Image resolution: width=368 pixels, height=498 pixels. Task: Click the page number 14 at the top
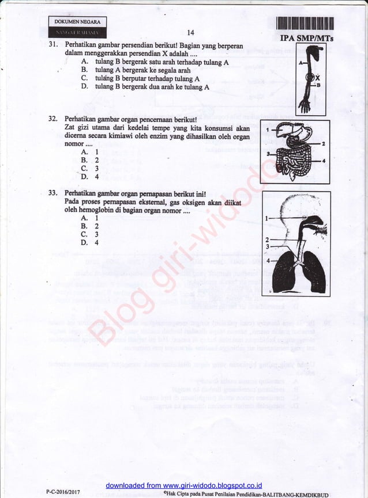pyautogui.click(x=191, y=33)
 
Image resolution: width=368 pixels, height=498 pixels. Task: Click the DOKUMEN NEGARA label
pyautogui.click(x=77, y=22)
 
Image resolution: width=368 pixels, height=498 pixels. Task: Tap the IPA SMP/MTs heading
pyautogui.click(x=300, y=39)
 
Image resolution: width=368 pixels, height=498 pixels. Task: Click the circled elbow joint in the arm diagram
pyautogui.click(x=310, y=76)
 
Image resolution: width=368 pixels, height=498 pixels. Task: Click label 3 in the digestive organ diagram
pyautogui.click(x=268, y=153)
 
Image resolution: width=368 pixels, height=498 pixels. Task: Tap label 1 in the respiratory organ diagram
pyautogui.click(x=266, y=218)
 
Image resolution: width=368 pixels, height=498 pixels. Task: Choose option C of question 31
pyautogui.click(x=84, y=79)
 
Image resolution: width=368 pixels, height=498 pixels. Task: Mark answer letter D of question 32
pyautogui.click(x=84, y=177)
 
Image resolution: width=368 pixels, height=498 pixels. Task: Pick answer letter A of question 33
pyautogui.click(x=84, y=218)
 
